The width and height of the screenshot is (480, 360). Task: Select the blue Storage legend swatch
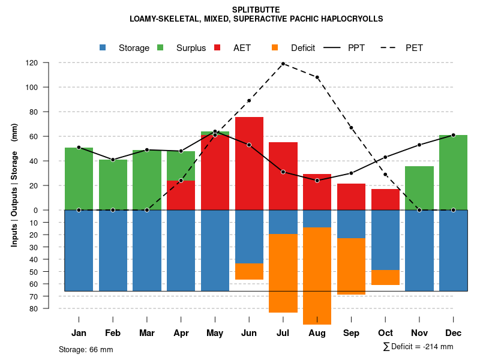(x=103, y=47)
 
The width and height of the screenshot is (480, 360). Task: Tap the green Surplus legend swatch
(x=160, y=47)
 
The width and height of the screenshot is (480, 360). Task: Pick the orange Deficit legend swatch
(x=275, y=47)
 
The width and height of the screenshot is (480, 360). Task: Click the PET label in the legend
(x=414, y=48)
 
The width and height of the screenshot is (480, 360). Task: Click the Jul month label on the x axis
(x=283, y=333)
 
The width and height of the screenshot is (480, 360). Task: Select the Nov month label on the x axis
(x=419, y=333)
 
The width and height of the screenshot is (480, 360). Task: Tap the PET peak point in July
(x=283, y=64)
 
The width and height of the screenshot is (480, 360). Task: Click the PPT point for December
(x=453, y=135)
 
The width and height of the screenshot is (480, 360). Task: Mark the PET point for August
(x=317, y=77)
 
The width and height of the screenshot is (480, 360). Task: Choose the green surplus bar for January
(x=79, y=178)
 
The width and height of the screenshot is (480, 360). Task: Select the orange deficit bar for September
(x=351, y=266)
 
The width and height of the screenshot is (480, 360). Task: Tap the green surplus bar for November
(x=419, y=188)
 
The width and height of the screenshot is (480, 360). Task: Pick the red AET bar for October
(x=385, y=199)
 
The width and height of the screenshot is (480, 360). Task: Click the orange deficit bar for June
(x=249, y=271)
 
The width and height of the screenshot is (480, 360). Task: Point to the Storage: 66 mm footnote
(x=86, y=349)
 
